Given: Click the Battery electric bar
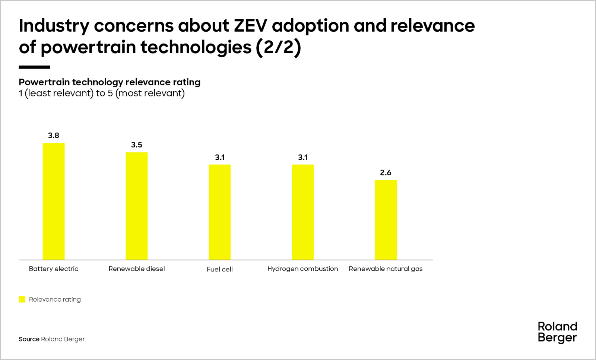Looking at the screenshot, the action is (54, 201).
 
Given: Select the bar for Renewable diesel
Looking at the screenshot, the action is (136, 206).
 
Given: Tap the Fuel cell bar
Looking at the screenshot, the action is (219, 212).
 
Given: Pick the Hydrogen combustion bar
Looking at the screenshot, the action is (302, 212).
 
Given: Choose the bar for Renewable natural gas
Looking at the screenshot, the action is (386, 220).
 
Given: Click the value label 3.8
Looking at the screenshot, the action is (54, 136).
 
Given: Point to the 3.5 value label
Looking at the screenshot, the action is (136, 145).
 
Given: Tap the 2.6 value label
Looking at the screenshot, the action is (386, 173).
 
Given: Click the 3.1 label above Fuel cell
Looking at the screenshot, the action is (220, 157).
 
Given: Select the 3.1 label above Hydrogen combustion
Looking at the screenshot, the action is (303, 157).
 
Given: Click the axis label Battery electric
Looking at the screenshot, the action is (54, 269).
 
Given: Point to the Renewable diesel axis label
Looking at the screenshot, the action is (136, 269).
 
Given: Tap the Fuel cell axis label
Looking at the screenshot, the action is (219, 269).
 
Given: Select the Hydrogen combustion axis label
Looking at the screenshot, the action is (302, 269).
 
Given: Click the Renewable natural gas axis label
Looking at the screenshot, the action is (386, 269).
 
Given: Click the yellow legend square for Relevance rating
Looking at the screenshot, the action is (22, 299).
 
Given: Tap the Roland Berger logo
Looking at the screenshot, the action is (557, 332).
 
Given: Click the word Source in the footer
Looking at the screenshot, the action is (29, 339).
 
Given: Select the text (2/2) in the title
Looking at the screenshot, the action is (278, 47).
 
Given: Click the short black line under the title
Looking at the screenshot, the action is (34, 67).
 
